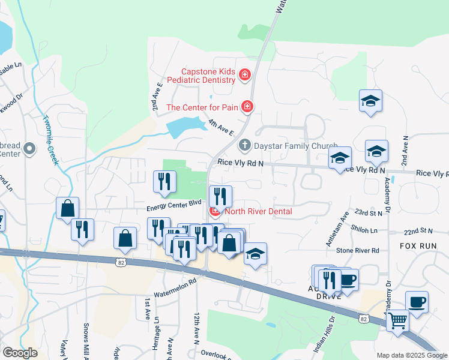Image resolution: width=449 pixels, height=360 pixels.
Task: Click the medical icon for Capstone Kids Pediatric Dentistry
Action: tap(244, 75)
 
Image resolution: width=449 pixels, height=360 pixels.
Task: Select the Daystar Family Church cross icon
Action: tap(244, 145)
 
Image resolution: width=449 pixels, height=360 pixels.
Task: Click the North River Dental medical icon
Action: tap(214, 211)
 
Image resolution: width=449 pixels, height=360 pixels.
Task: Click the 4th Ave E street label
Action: tap(220, 128)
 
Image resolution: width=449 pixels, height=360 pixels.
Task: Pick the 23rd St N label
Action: tap(369, 212)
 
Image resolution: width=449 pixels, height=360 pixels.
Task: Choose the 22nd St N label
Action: tap(418, 230)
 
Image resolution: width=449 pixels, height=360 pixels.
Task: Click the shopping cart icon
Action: tap(397, 321)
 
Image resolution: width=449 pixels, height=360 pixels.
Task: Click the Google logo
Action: tap(20, 353)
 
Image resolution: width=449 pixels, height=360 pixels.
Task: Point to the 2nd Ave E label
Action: tap(157, 97)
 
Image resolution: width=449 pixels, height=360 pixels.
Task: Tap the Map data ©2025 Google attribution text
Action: tap(411, 355)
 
